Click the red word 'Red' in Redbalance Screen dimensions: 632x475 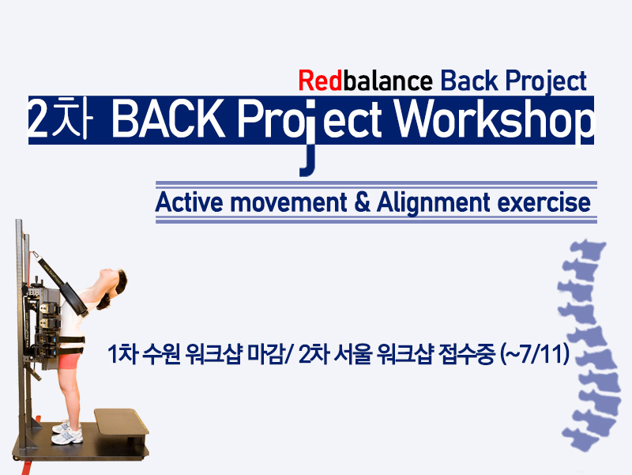tap(320, 81)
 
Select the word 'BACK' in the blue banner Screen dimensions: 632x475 tap(168, 120)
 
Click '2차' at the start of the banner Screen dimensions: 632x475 tap(58, 119)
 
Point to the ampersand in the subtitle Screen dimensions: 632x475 tap(363, 203)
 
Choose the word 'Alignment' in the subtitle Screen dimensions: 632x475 tap(434, 203)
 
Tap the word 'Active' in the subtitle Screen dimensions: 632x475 tap(189, 202)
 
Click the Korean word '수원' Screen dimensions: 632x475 tap(161, 355)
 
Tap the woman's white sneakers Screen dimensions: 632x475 tap(67, 432)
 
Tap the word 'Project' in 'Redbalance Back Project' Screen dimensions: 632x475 tap(546, 82)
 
